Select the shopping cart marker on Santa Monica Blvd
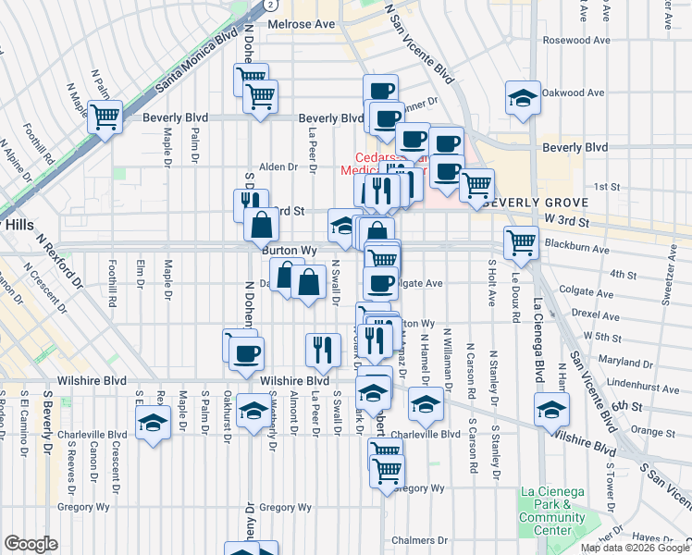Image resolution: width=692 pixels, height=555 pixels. [x=105, y=118]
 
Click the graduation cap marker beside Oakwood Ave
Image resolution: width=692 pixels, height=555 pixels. [x=523, y=98]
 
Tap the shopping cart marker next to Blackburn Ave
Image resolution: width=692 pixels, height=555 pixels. [x=522, y=242]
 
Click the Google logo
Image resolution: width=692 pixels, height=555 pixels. [x=31, y=543]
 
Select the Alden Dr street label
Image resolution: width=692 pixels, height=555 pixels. [x=278, y=167]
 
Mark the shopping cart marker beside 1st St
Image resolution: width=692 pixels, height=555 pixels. [x=476, y=185]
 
